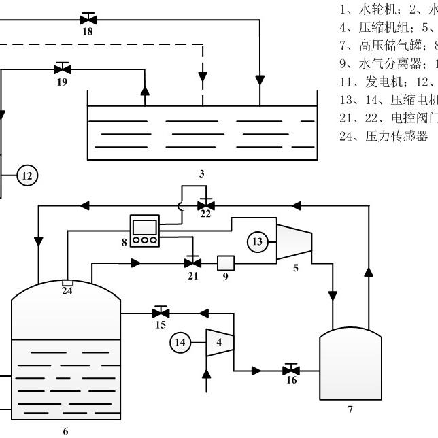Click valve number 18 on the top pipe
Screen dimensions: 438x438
coord(88,18)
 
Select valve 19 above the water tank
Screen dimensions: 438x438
coord(63,68)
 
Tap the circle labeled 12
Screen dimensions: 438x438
coord(27,176)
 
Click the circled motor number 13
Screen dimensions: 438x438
coord(256,241)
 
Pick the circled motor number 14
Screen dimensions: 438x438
coord(181,342)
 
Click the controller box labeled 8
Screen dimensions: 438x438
coord(145,231)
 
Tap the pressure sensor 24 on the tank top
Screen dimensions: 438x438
coord(67,282)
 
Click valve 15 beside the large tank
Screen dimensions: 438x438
coord(161,313)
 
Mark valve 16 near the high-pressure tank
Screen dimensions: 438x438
coord(291,371)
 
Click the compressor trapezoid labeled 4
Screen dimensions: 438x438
coord(219,342)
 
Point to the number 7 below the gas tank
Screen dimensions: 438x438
coord(351,409)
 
